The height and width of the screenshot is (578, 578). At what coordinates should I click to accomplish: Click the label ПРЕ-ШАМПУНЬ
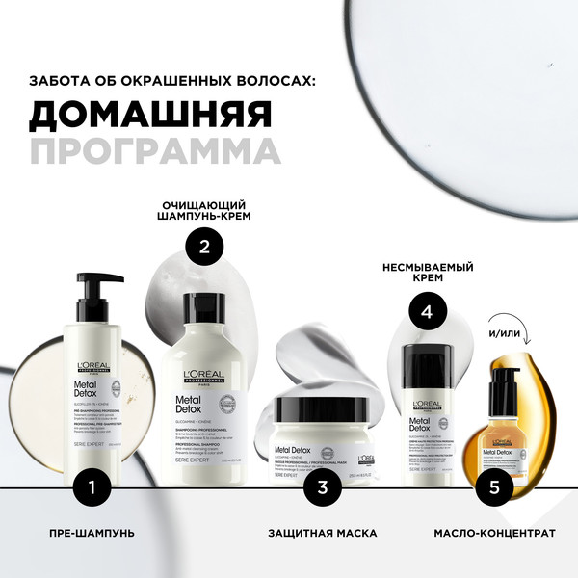coord(92,532)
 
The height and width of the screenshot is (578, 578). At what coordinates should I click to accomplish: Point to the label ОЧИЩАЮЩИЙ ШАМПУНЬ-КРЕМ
coord(203,212)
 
